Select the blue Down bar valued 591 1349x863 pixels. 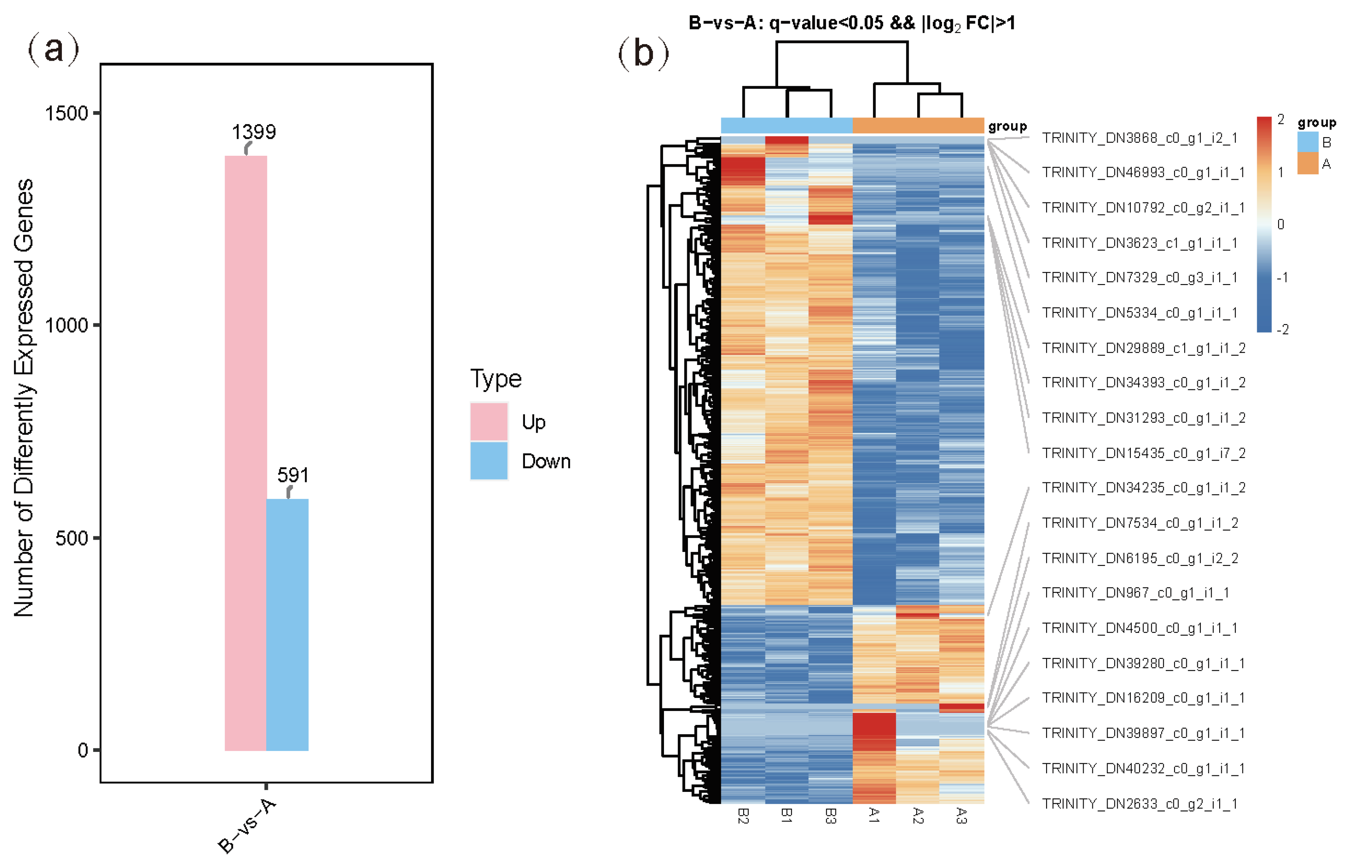point(287,624)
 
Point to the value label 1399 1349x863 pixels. point(254,132)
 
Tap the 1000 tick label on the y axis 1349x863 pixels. point(66,325)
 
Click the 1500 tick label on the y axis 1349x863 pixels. point(66,113)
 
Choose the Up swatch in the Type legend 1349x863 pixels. point(489,421)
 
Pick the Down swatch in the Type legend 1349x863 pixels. point(489,461)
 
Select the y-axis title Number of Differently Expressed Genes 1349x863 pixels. point(24,398)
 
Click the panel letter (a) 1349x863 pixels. point(53,49)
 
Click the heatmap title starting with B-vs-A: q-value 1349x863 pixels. point(852,23)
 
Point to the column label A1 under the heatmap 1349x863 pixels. point(873,815)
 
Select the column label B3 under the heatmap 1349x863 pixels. point(830,816)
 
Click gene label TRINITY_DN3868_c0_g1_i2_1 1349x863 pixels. point(1139,138)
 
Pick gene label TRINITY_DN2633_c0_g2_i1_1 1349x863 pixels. point(1139,804)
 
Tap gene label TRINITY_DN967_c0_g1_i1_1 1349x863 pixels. point(1135,593)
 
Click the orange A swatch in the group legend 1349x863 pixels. point(1308,164)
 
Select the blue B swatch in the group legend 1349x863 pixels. point(1308,142)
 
